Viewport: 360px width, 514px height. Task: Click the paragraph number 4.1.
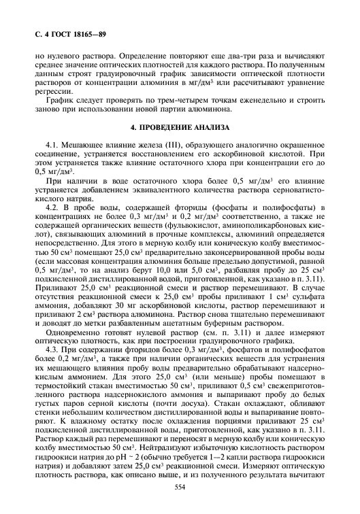pyautogui.click(x=52, y=145)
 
